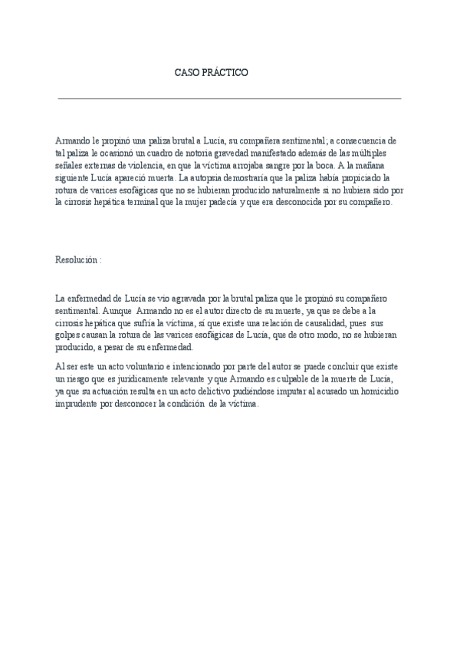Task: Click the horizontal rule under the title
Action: click(x=229, y=98)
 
